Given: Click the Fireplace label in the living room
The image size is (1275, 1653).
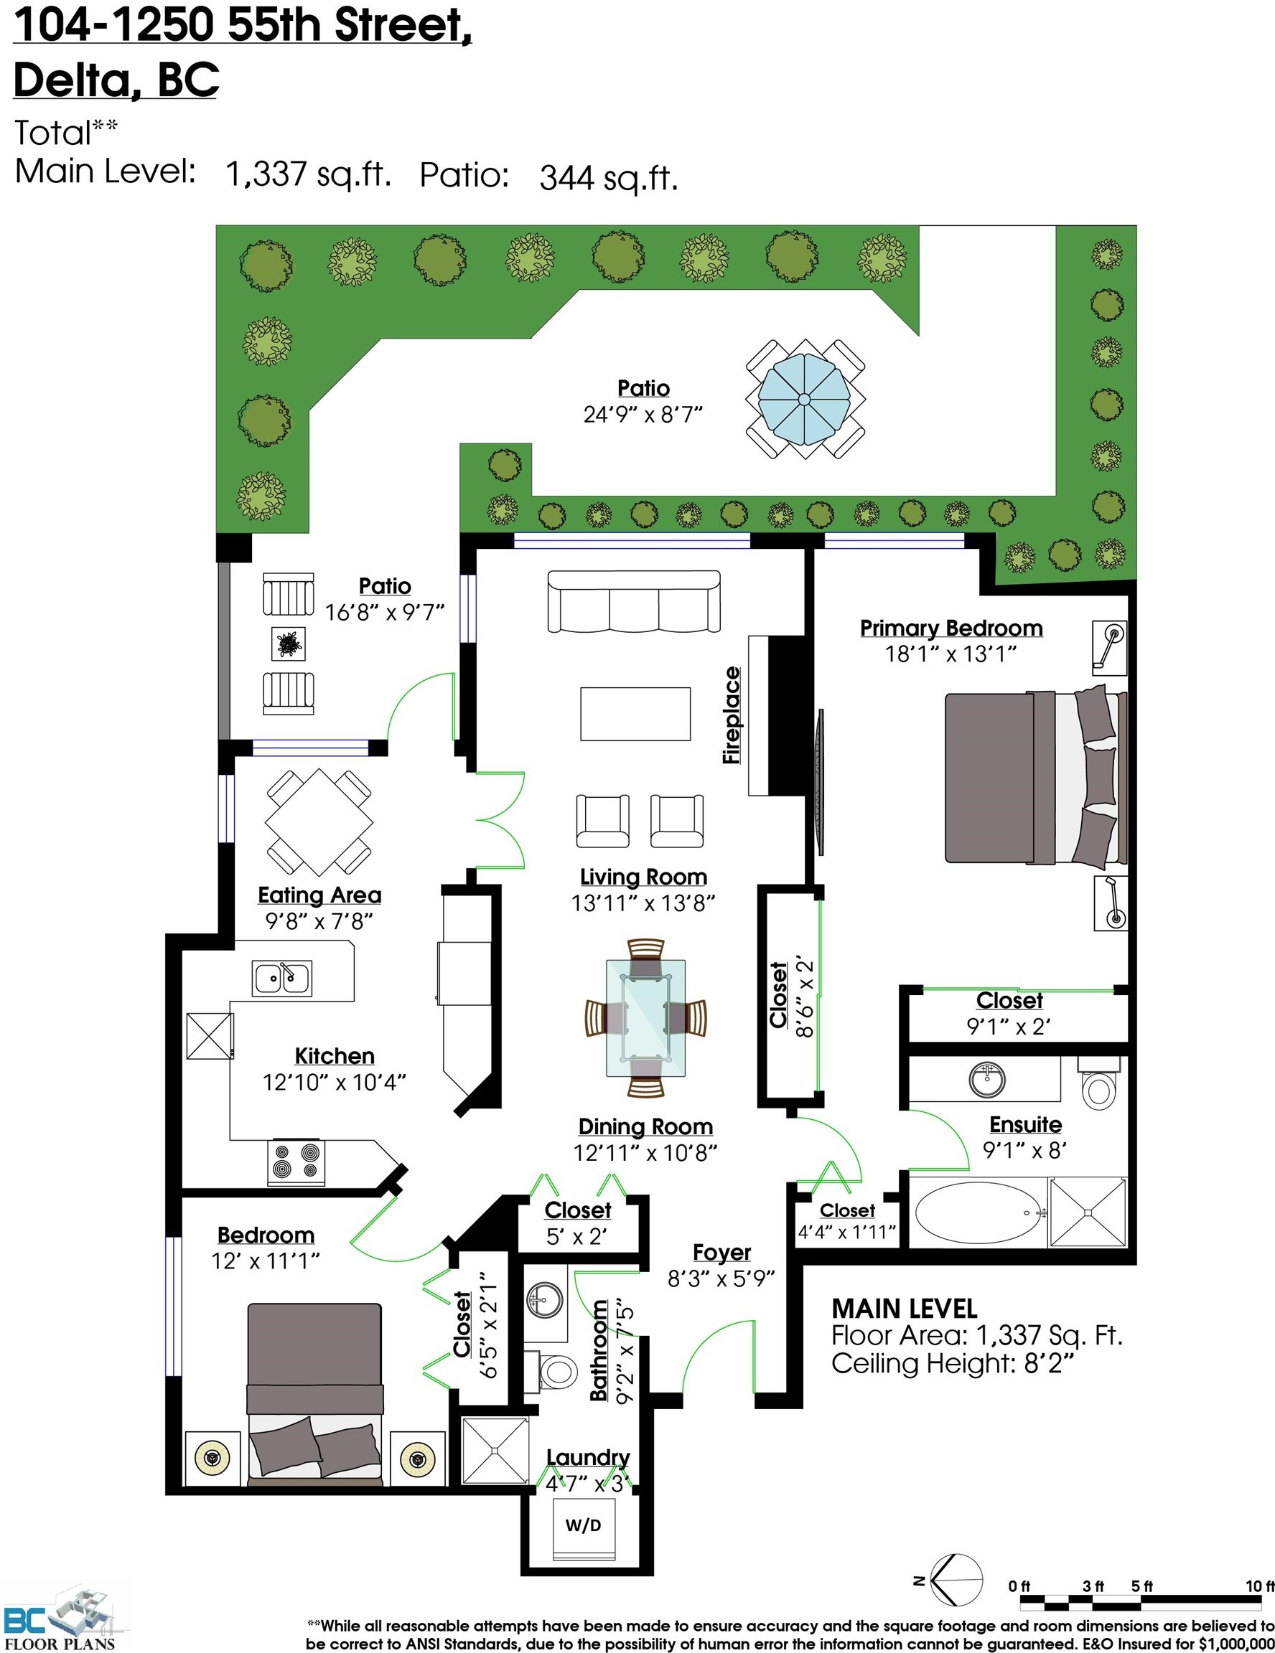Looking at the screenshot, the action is click(x=732, y=715).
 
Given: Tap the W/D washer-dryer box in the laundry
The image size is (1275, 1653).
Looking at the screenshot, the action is click(x=583, y=1526).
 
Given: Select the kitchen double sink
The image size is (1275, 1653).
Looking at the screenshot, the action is click(x=281, y=979).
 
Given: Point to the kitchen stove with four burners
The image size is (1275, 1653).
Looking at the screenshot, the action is click(x=296, y=1162).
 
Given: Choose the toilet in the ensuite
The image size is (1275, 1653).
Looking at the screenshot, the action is click(x=1097, y=1083).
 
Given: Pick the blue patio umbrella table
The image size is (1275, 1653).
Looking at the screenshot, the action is click(x=805, y=399).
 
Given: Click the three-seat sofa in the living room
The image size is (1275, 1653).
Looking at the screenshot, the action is click(x=634, y=601).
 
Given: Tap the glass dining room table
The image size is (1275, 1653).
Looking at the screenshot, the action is click(x=645, y=1017).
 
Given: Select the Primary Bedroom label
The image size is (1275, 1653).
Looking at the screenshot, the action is click(x=951, y=628).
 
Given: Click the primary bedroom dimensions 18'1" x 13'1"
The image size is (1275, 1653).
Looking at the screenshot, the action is click(x=951, y=654).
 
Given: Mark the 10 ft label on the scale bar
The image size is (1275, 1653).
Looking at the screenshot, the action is click(x=1260, y=1586).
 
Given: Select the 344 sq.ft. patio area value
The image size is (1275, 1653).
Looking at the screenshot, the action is click(x=608, y=178).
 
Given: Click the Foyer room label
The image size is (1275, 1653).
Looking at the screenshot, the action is click(x=721, y=1253).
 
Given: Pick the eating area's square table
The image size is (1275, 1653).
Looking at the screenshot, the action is click(x=319, y=822).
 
